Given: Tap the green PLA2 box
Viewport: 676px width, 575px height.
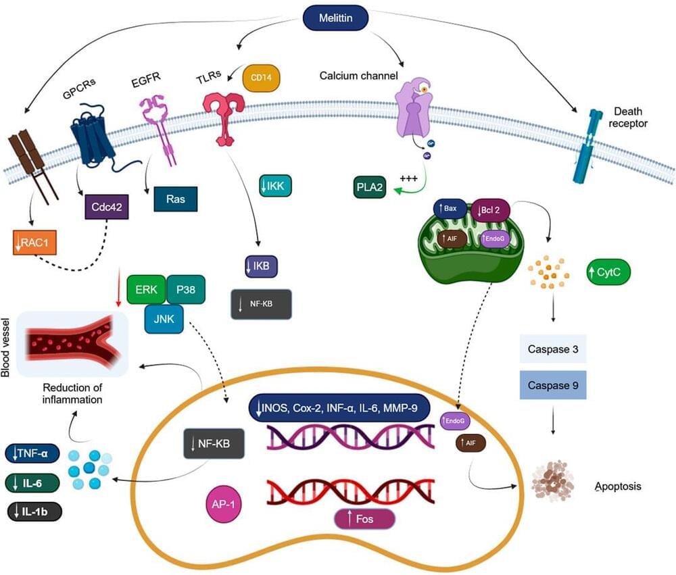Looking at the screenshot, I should pos(368,187).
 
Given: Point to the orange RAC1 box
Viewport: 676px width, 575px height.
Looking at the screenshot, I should pos(34,242).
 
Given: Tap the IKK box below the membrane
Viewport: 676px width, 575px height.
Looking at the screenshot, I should pos(276,185).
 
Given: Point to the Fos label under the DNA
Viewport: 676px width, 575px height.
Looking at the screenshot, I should pos(364,519).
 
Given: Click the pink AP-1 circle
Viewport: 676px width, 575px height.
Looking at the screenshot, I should pos(225,505).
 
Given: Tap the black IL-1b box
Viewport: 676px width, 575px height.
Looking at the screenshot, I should pos(33,511).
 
